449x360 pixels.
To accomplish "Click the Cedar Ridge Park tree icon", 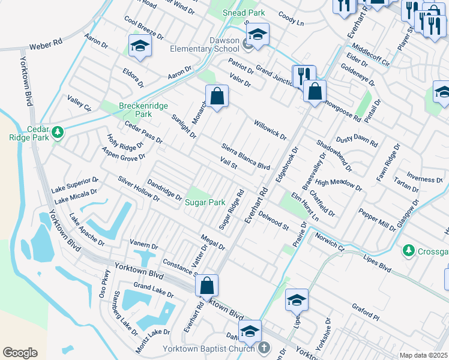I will pyautogui.click(x=58, y=131).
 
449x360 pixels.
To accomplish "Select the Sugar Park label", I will pyautogui.click(x=205, y=203).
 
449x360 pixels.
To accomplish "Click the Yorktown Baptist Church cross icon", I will pyautogui.click(x=265, y=348).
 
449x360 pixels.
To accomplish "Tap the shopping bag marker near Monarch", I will pyautogui.click(x=217, y=97).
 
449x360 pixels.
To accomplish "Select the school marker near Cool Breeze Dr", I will pyautogui.click(x=140, y=46).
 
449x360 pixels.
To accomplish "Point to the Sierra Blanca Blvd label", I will pyautogui.click(x=246, y=157).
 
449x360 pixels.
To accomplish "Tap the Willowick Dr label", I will pyautogui.click(x=270, y=128).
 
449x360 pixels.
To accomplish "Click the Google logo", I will pyautogui.click(x=20, y=353).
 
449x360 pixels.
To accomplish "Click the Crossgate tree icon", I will pyautogui.click(x=409, y=249).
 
